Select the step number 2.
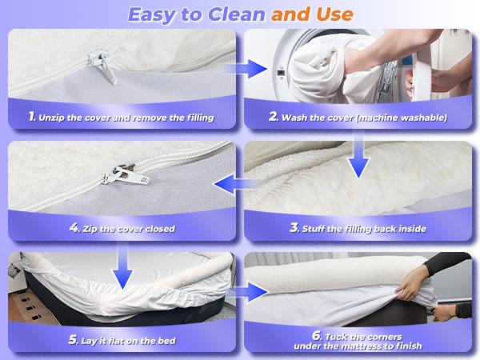(274, 117)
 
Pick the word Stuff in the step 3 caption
(318, 229)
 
